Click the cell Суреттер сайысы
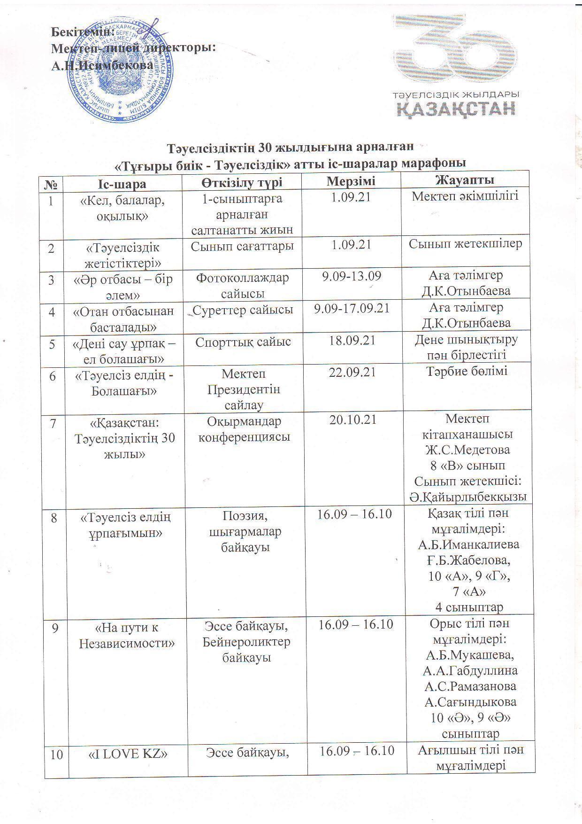[243, 310]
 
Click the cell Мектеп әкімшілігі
[465, 196]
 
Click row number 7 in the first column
[53, 423]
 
